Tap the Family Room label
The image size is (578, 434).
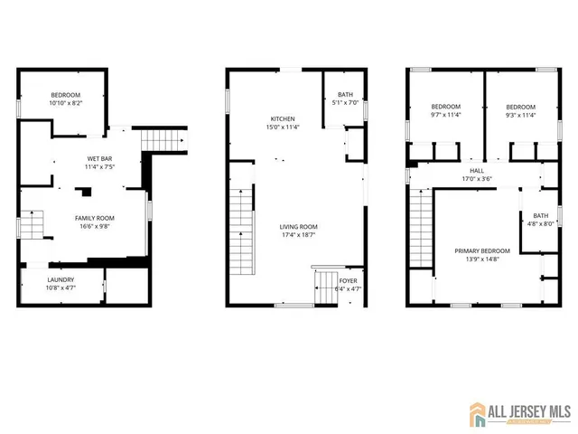tap(94, 218)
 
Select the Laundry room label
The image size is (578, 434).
tap(61, 280)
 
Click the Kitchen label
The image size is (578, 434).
tap(283, 119)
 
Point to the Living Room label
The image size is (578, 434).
tap(297, 227)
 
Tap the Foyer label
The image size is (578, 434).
tap(348, 281)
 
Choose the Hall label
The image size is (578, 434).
tap(476, 170)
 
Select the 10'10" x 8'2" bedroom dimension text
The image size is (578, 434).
tap(65, 103)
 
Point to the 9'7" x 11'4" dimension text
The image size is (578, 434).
tap(445, 115)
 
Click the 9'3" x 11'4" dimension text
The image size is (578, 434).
tap(520, 115)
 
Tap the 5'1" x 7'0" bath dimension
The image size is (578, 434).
tap(346, 102)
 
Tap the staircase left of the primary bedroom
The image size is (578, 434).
tap(420, 226)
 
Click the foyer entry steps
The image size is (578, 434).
tap(324, 288)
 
